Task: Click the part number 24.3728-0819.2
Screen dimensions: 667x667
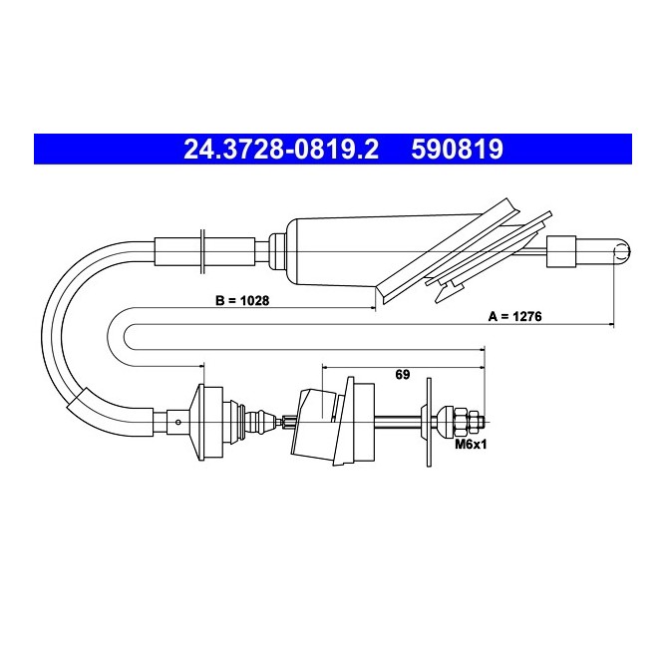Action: click(x=281, y=149)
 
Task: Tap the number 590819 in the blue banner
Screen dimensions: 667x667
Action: click(x=457, y=149)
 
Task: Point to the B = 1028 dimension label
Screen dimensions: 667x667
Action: click(x=242, y=301)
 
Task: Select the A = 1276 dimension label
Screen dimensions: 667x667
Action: click(x=514, y=316)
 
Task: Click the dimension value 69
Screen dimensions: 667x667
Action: click(x=403, y=375)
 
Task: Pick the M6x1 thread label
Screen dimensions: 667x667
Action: click(x=471, y=445)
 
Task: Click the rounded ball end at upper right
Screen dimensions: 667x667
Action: click(x=621, y=252)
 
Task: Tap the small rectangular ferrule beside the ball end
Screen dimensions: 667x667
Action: click(x=561, y=252)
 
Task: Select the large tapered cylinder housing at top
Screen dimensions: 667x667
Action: click(x=383, y=251)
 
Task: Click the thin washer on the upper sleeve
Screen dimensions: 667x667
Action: click(x=202, y=251)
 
